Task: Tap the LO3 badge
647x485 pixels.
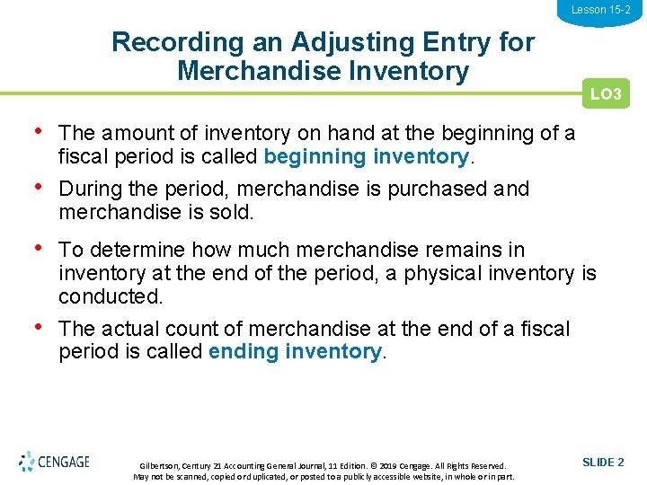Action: pos(606,94)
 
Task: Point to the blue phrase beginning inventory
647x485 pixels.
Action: pos(366,156)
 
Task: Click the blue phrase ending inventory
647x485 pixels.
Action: pos(295,351)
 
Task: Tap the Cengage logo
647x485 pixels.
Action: pos(54,462)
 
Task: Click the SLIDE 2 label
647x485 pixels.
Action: pos(603,462)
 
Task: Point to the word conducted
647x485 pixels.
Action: pos(110,295)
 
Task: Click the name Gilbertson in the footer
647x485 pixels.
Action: pos(160,466)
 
